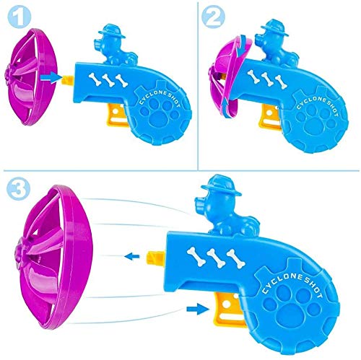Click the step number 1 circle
point(19,17)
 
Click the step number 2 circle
point(213,17)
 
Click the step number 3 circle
point(19,188)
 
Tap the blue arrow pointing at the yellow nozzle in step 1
point(51,78)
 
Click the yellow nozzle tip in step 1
point(69,79)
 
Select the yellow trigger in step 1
point(117,118)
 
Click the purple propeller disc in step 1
point(30,77)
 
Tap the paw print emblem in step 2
point(317,120)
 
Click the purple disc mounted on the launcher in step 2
point(229,77)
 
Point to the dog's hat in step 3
point(222,185)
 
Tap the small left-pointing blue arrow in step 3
point(132,256)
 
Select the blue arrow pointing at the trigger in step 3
point(198,309)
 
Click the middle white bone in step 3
point(216,258)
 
